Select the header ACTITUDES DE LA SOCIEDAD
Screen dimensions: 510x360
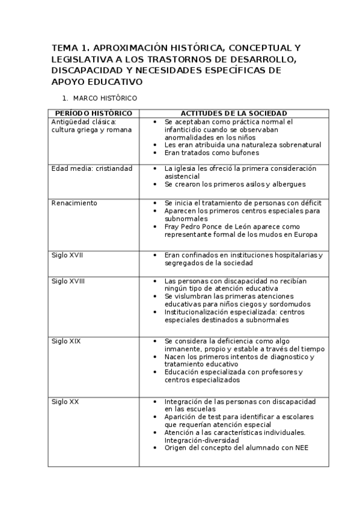click(234, 113)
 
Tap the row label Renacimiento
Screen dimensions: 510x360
click(75, 203)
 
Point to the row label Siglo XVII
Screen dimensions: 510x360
click(67, 255)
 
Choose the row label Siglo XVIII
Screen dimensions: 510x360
click(69, 281)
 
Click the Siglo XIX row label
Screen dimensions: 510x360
click(66, 341)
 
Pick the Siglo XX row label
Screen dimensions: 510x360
click(65, 401)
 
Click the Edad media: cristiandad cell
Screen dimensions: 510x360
click(92, 168)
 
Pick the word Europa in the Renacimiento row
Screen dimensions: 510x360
click(305, 235)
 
